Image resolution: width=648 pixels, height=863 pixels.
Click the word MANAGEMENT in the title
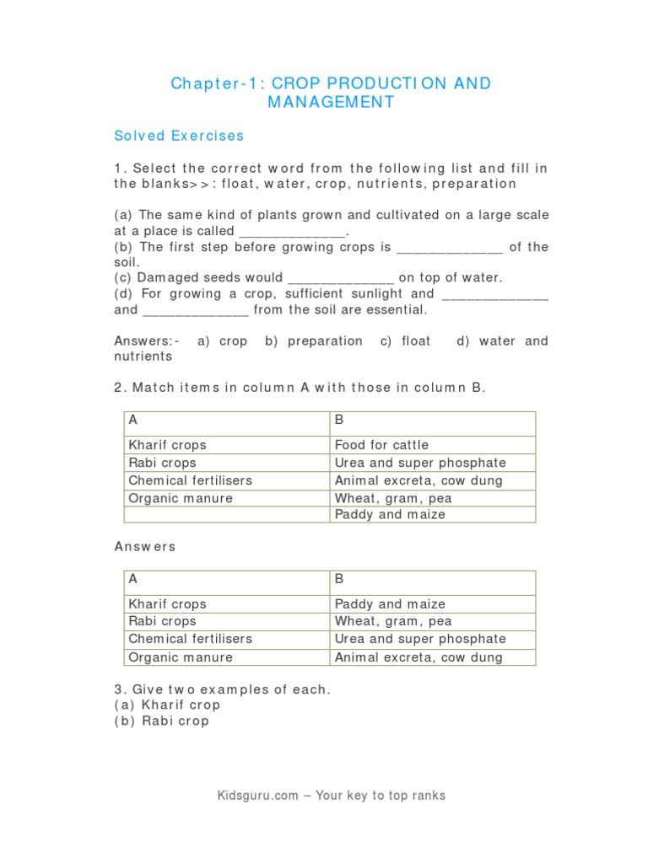pyautogui.click(x=331, y=102)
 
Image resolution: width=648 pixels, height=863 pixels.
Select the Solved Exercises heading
pyautogui.click(x=179, y=136)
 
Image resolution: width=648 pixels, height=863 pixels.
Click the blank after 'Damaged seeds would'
pyautogui.click(x=341, y=278)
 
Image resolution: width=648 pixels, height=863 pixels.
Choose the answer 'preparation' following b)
pyautogui.click(x=325, y=341)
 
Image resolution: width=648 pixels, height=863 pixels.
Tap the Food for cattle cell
pyautogui.click(x=381, y=445)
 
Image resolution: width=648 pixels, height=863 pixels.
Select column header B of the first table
pyautogui.click(x=339, y=420)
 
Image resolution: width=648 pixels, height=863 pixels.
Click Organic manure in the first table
pyautogui.click(x=181, y=498)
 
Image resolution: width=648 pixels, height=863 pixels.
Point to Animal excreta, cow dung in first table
pyautogui.click(x=418, y=480)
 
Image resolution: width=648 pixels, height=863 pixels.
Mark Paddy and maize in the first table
pyautogui.click(x=390, y=514)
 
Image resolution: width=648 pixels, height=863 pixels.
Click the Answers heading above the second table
pyautogui.click(x=145, y=546)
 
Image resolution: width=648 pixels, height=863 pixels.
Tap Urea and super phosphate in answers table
pyautogui.click(x=420, y=639)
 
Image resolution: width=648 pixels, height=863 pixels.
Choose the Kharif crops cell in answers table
pyautogui.click(x=167, y=604)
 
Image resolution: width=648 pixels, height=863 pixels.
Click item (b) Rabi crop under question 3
pyautogui.click(x=162, y=721)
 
